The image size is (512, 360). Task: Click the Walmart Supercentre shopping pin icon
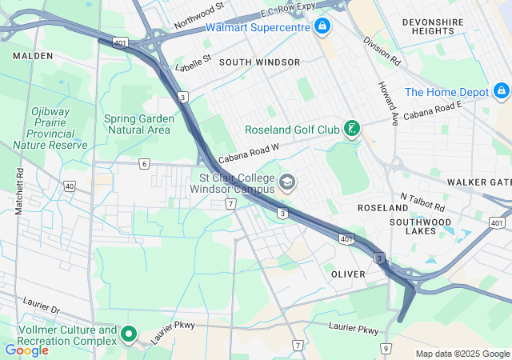point(322,27)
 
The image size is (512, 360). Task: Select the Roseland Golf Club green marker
point(350,129)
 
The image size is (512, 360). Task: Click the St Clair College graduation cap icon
point(286,185)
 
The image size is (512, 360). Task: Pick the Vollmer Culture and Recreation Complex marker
point(130,334)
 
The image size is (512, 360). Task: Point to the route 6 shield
point(144,164)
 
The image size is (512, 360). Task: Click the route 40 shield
point(70,186)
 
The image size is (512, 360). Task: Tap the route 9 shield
point(386,348)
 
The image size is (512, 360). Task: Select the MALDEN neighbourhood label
point(33,56)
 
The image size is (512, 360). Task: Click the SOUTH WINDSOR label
point(259,62)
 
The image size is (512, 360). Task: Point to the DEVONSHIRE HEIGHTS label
point(432,26)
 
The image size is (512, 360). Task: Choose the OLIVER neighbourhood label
point(348,274)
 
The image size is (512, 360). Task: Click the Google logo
point(26,350)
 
